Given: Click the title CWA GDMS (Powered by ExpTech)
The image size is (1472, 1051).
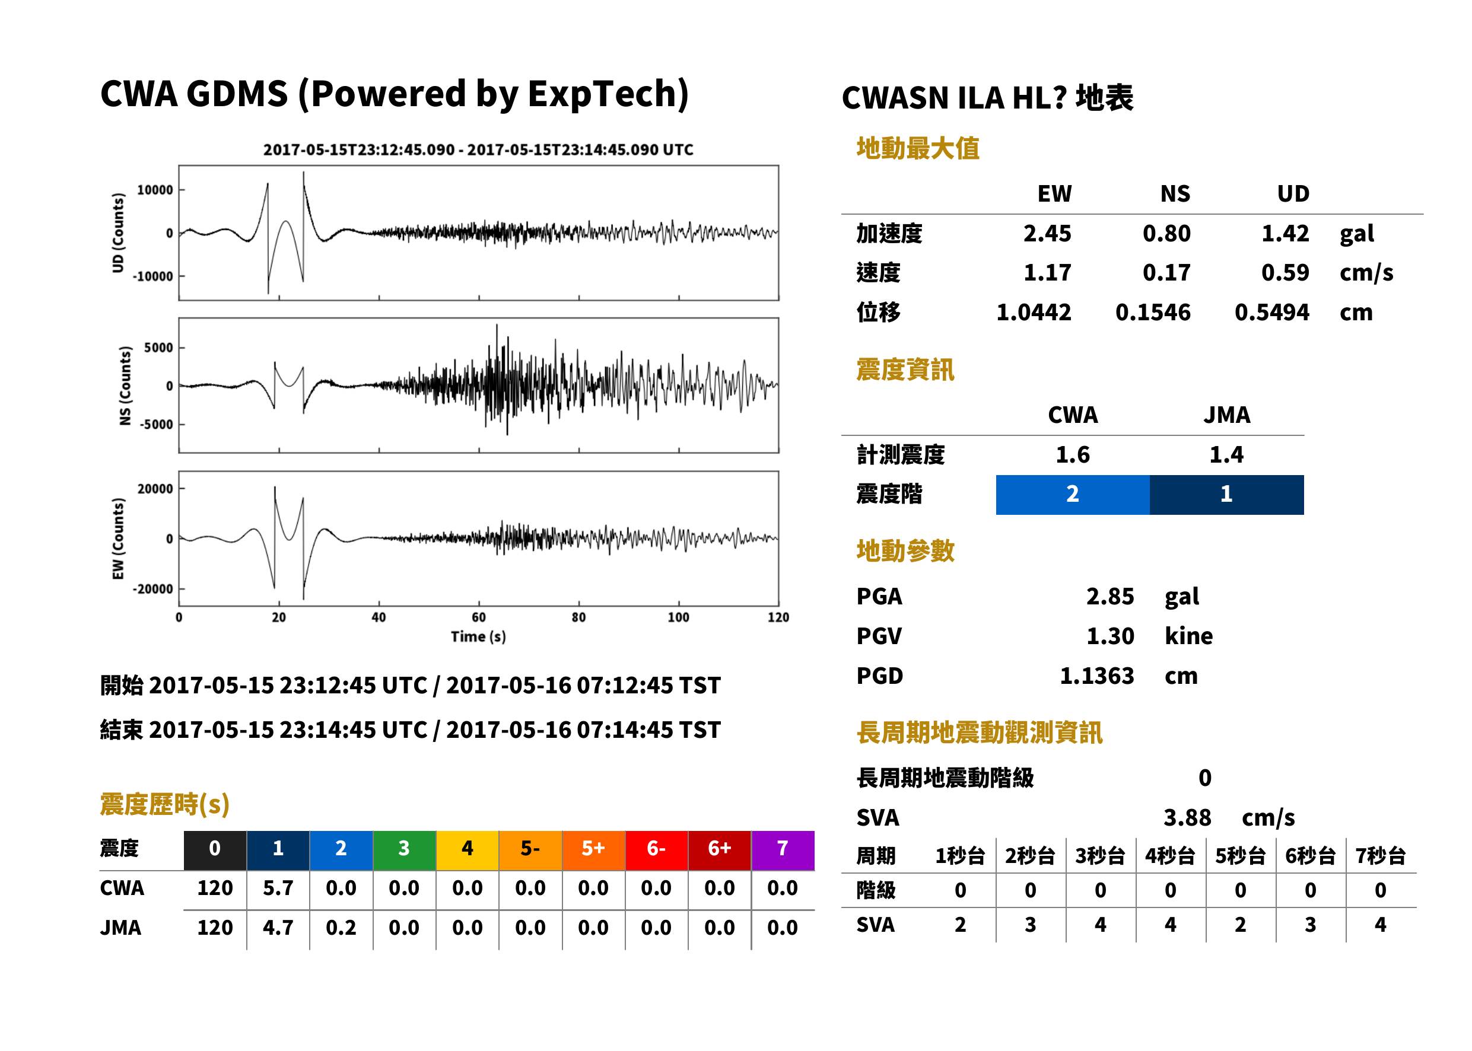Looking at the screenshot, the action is (x=394, y=94).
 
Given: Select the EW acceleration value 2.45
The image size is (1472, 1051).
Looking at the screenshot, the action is (x=1047, y=233).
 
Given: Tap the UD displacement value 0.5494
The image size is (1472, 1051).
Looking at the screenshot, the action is (x=1271, y=313).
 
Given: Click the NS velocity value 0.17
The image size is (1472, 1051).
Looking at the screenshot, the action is (x=1166, y=272).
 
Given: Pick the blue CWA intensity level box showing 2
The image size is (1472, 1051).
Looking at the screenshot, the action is (x=1073, y=495).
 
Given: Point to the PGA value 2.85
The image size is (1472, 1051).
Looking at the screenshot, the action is (x=1110, y=596).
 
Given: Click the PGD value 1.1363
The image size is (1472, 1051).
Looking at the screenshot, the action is (x=1097, y=676).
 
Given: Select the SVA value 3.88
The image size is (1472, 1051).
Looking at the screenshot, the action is (x=1187, y=817).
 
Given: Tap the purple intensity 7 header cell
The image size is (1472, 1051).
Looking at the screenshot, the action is (x=783, y=850).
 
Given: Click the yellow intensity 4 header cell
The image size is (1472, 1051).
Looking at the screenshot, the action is (x=468, y=850).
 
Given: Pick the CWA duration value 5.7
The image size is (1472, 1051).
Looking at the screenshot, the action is (x=278, y=888).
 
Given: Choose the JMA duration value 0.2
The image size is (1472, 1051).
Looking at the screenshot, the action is (x=341, y=928).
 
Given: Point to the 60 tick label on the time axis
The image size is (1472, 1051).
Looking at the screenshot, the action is (x=478, y=617).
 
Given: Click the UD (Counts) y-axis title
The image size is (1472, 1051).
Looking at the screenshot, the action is (x=118, y=233).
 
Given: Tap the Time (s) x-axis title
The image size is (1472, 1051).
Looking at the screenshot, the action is (x=478, y=637).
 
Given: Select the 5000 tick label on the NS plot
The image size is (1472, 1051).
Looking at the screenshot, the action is (x=158, y=348).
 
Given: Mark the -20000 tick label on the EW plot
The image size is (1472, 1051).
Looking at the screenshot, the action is (x=152, y=589).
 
